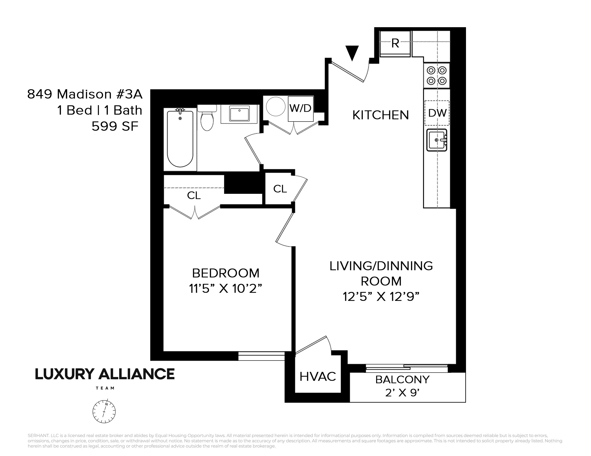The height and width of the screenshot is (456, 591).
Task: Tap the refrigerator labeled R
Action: [x=395, y=43]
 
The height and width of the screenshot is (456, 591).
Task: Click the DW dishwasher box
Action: [x=437, y=113]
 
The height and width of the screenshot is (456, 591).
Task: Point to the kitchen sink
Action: [x=436, y=140]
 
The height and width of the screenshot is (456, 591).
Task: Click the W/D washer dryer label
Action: [x=300, y=108]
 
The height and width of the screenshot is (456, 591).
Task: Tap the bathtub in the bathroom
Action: [x=180, y=139]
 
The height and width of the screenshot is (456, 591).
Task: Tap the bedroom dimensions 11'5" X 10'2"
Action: [x=225, y=288]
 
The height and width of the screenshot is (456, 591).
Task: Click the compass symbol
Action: [x=104, y=411]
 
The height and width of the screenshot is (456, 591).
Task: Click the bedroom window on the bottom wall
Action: [x=261, y=356]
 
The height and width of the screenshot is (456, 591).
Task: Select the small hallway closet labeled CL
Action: [x=280, y=189]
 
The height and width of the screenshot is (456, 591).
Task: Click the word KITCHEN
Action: [x=380, y=115]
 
